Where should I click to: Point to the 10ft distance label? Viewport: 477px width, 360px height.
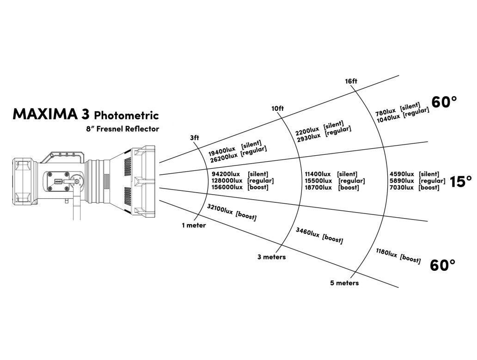coord(277,108)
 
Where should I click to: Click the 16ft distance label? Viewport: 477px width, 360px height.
coord(351,81)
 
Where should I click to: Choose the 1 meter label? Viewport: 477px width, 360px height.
coord(194,226)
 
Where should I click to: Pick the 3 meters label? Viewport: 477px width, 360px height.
coord(271,256)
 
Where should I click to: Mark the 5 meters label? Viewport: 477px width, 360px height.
coord(344,283)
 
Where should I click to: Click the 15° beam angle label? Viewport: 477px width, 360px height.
coord(461,181)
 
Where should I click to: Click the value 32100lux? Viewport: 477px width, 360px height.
coord(220,210)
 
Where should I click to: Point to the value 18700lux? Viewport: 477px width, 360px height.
coord(318,187)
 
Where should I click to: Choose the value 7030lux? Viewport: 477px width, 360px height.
coord(402,187)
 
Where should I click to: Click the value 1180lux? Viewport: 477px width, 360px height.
coord(386,254)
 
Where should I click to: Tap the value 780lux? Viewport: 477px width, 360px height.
coord(386,112)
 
